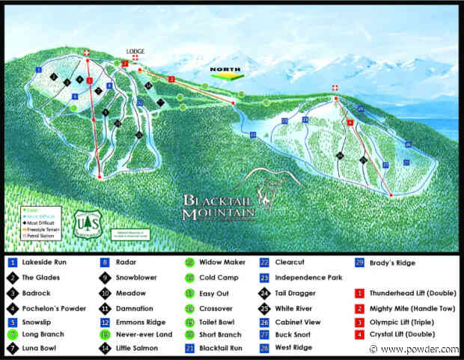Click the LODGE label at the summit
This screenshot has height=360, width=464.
pos(135,52)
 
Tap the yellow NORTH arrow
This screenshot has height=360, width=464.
pos(224,74)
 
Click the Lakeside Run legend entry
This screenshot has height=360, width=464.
pos(45,263)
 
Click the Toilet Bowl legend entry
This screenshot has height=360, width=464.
pos(216,323)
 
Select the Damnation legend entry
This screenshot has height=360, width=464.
pos(135,308)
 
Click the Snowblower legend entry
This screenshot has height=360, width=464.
pos(136,278)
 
